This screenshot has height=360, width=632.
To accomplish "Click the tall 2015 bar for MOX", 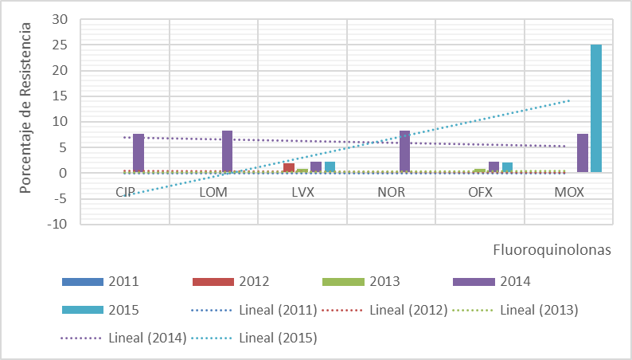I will click(x=596, y=108).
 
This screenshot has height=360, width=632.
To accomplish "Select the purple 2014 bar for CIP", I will click(x=138, y=153).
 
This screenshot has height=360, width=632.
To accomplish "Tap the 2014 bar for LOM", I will click(x=227, y=151).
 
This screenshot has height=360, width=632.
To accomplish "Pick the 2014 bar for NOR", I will click(x=404, y=151).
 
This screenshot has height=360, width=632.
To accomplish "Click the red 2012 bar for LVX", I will click(x=289, y=167).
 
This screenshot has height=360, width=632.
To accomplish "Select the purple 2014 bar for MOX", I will click(x=583, y=153).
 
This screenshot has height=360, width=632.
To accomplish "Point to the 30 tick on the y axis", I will click(x=61, y=19).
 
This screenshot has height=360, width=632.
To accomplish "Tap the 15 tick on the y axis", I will click(x=61, y=96).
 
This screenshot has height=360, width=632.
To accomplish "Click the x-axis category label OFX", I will click(x=481, y=192).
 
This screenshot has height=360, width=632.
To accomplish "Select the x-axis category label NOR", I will click(x=392, y=192).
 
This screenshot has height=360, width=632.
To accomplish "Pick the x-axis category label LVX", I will click(x=303, y=192).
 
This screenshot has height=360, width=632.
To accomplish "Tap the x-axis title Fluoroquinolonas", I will click(x=550, y=250).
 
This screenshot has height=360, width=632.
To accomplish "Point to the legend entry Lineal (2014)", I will click(x=146, y=338).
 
